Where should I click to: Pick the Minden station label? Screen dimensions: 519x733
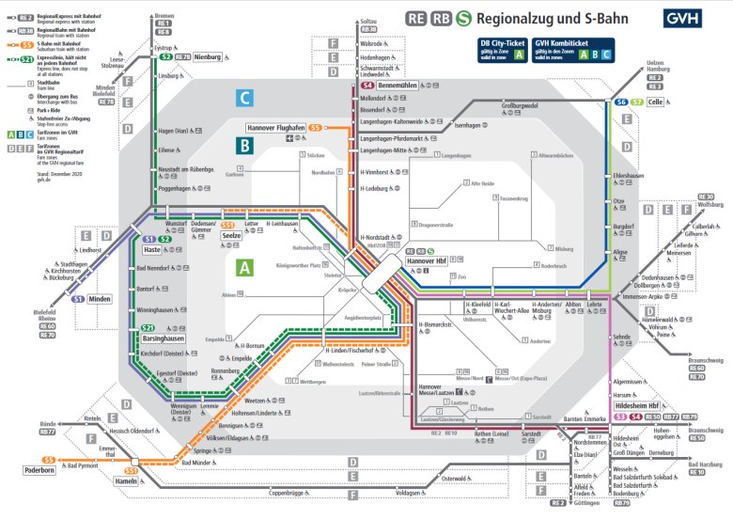(x=100, y=299)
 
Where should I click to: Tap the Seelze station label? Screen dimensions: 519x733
(x=232, y=235)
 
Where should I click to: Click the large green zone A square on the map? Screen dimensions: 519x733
(x=245, y=268)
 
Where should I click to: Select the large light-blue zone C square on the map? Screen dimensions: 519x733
(x=245, y=98)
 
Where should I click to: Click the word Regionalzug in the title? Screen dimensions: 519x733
(x=531, y=18)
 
